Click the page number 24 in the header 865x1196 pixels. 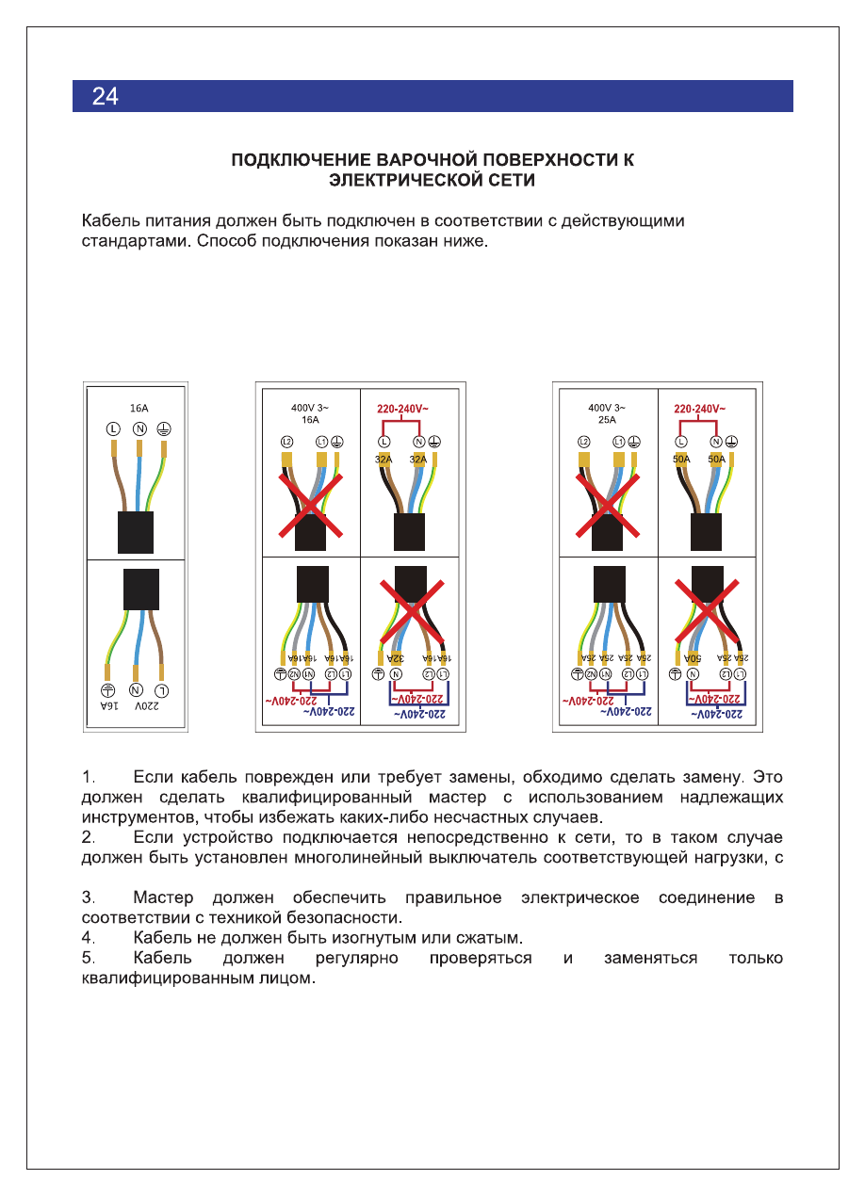click(105, 96)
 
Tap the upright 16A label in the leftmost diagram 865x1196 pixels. click(139, 409)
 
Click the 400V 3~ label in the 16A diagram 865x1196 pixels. click(309, 409)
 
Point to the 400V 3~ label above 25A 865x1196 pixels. click(606, 409)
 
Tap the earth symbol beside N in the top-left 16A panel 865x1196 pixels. click(163, 429)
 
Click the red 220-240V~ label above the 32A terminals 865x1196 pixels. click(402, 409)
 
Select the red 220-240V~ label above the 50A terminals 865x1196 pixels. click(699, 409)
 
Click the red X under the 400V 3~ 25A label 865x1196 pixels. click(608, 506)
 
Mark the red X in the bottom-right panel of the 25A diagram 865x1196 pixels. click(707, 603)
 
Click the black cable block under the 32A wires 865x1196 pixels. click(410, 532)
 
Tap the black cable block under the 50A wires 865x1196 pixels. click(707, 532)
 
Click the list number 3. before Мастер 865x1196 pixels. click(89, 897)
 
